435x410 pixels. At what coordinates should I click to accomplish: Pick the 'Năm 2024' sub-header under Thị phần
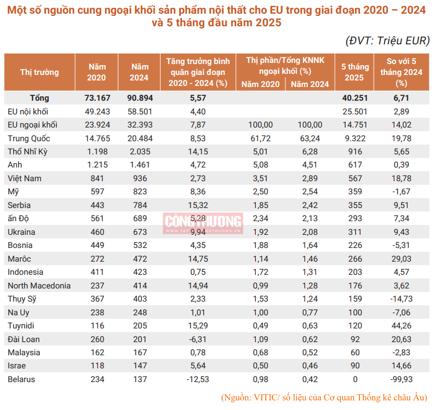310,84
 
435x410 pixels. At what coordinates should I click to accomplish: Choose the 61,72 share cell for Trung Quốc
260,138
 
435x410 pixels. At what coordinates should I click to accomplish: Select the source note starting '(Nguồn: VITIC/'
324,397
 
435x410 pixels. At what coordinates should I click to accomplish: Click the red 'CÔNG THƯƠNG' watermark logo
203,222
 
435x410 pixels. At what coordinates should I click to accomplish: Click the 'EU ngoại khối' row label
32,125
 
